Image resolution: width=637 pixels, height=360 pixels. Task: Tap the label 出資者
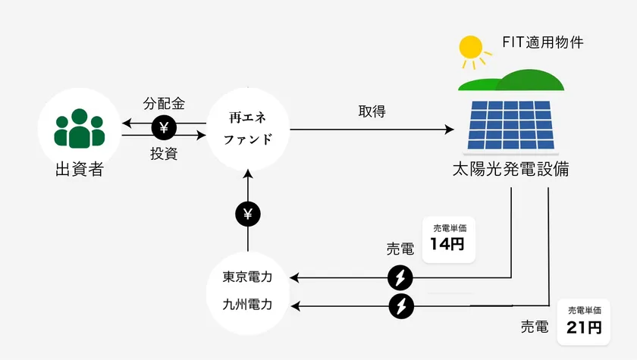point(80,169)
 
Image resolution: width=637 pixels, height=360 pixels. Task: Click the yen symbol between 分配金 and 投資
point(165,128)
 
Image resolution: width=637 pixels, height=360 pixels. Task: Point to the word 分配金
point(165,103)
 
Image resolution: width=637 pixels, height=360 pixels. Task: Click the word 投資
point(164,154)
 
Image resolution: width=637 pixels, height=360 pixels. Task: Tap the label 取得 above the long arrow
point(372,111)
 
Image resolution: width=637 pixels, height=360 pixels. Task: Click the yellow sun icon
point(471,49)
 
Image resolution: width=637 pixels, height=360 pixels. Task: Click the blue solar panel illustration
point(510,124)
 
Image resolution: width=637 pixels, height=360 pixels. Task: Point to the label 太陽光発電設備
point(510,169)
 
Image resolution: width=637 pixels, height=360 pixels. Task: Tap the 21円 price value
point(584,327)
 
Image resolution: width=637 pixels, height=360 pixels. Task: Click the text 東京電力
point(248,277)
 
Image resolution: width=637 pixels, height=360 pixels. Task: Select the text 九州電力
point(248,305)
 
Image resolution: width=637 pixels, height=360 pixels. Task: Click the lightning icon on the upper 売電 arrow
point(400,278)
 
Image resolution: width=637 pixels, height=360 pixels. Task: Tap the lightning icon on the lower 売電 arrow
point(400,306)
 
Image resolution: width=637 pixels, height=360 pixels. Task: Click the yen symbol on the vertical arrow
point(248,214)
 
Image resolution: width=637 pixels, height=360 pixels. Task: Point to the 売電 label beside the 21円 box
point(534,327)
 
